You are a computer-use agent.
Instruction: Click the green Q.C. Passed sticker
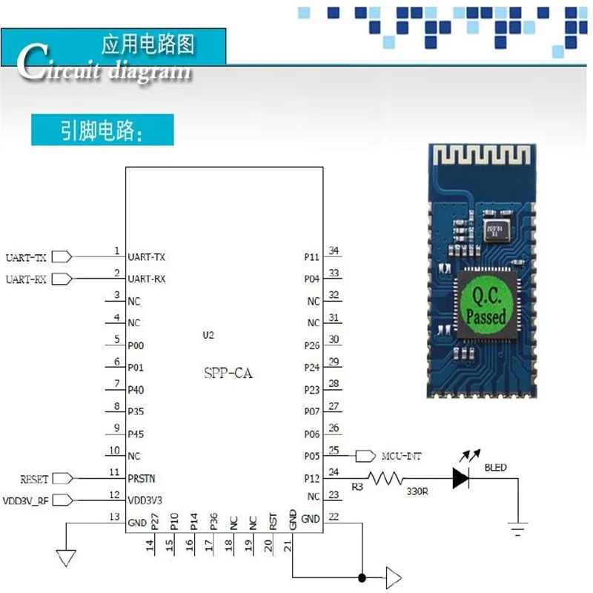click(x=486, y=306)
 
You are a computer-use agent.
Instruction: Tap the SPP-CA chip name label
click(x=228, y=374)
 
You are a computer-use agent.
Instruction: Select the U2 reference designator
click(x=208, y=336)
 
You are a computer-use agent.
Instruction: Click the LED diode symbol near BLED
click(x=460, y=479)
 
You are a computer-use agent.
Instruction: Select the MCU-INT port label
click(x=401, y=456)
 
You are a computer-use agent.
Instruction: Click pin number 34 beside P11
click(x=334, y=251)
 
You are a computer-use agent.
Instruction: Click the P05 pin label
click(x=312, y=457)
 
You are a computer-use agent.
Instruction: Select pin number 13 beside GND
click(x=114, y=517)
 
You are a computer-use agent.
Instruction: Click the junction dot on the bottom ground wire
click(x=362, y=577)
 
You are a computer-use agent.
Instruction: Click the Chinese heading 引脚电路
click(x=101, y=130)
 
